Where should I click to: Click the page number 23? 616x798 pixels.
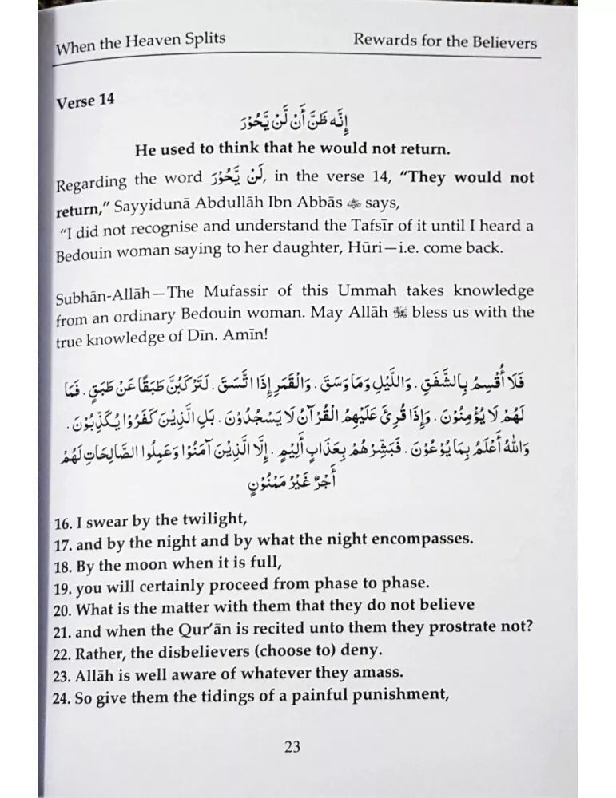click(x=292, y=747)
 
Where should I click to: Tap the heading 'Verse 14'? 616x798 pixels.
click(x=85, y=102)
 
